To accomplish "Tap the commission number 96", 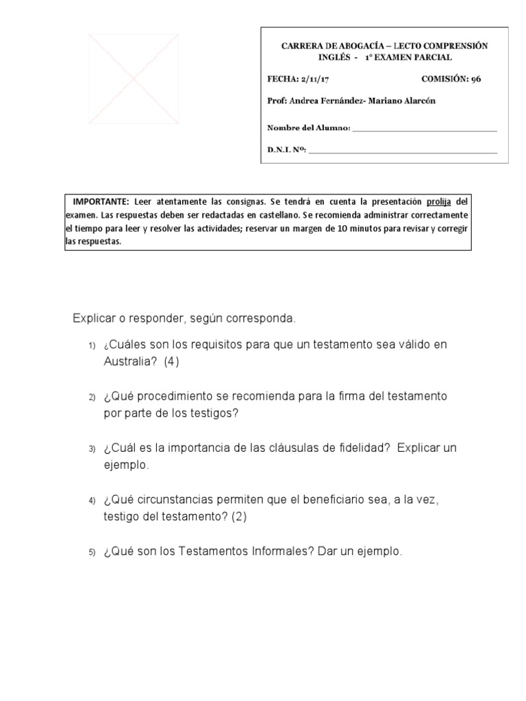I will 475,79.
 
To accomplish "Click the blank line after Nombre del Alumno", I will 425,128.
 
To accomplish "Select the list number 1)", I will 91,346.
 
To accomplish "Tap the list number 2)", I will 91,398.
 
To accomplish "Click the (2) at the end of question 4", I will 238,517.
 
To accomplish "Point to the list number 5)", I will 91,552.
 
